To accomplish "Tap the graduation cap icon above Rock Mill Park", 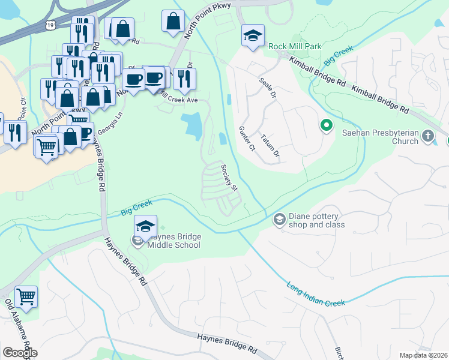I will (253, 35).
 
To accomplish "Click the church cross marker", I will (427, 136).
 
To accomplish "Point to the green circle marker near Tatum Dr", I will (327, 125).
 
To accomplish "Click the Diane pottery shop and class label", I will (318, 220).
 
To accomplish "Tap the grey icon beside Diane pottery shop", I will (279, 220).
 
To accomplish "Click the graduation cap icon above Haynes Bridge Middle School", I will (145, 226).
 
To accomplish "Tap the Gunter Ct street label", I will (247, 138).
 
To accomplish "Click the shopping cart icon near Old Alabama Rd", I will (26, 296).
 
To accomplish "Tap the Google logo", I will (20, 353).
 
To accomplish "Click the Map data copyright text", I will (423, 355).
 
